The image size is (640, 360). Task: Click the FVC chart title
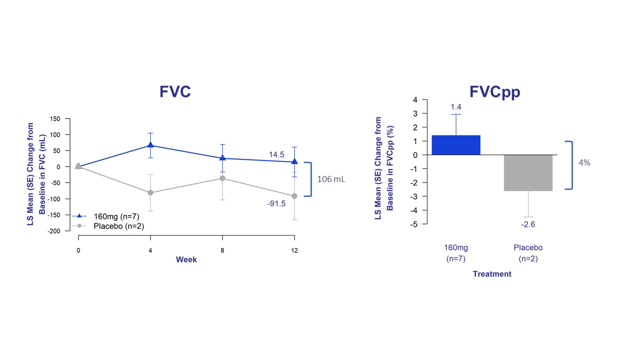click(175, 92)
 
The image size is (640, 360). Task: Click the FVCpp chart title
click(494, 92)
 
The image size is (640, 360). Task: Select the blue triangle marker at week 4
click(150, 145)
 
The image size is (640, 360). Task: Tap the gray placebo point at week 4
click(150, 192)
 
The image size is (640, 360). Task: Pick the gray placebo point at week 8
click(222, 178)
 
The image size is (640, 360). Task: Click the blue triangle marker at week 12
click(294, 161)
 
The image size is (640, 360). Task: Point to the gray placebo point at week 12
click(294, 196)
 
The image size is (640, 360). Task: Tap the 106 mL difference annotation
click(331, 179)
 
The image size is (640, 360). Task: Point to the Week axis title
click(186, 259)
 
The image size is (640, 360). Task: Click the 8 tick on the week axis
click(222, 250)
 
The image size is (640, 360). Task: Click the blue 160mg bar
click(455, 145)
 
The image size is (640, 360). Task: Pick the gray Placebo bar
click(528, 172)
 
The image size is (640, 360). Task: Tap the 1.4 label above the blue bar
click(455, 107)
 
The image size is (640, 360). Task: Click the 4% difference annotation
click(584, 162)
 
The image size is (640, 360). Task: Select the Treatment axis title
click(492, 274)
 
